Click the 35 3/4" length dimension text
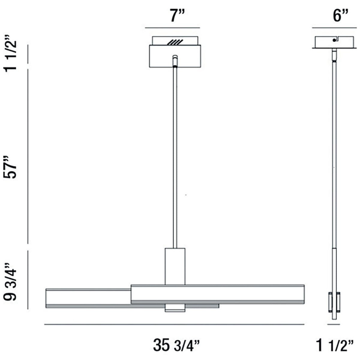coord(176,345)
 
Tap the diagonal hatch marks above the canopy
coord(175,42)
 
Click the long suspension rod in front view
coord(175,156)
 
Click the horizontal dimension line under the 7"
coord(172,28)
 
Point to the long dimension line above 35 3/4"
coord(174,325)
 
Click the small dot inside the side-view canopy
coord(334,40)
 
